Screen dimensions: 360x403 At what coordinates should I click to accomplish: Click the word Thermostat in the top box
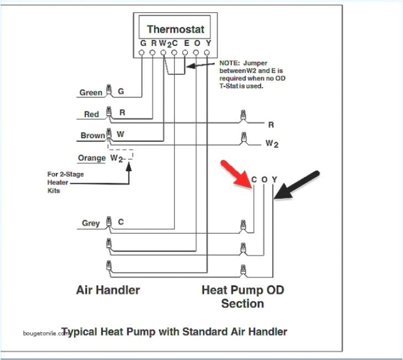175,29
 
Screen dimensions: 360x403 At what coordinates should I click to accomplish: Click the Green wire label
91,92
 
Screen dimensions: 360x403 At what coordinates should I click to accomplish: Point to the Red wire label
91,114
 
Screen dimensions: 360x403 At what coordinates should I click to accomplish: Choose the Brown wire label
92,136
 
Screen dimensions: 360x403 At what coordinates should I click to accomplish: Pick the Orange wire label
91,158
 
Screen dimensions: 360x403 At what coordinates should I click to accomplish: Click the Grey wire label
91,223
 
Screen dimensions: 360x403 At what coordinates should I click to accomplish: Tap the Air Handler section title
108,290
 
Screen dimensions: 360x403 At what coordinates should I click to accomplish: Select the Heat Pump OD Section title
243,296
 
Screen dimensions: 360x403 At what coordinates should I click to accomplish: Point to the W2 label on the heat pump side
272,143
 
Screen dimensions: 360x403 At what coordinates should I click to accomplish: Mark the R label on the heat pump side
271,125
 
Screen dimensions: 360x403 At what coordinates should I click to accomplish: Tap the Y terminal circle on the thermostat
207,53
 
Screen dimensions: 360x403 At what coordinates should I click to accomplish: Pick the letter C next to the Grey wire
121,223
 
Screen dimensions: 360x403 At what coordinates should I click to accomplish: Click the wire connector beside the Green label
109,90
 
